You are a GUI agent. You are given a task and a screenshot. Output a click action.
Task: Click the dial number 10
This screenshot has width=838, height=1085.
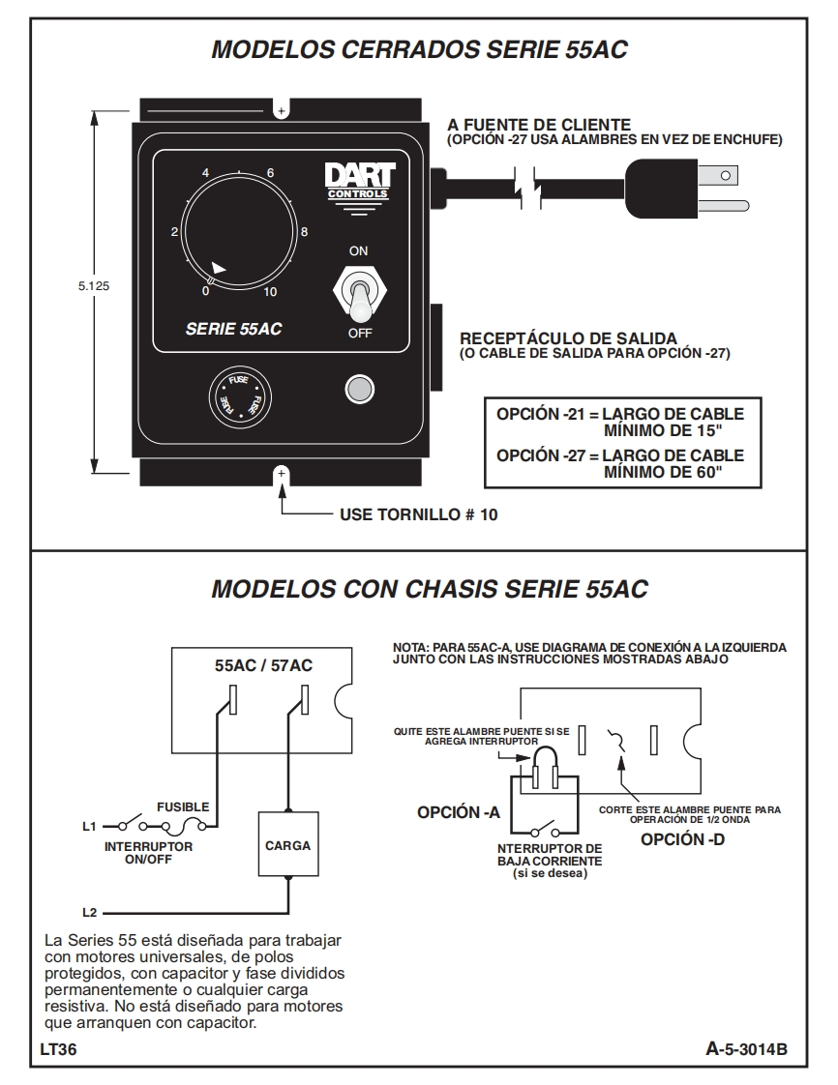pyautogui.click(x=270, y=291)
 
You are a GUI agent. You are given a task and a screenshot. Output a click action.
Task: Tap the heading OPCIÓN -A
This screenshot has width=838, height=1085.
pyautogui.click(x=458, y=812)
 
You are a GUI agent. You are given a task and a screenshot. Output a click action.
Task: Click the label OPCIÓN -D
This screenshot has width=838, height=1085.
pyautogui.click(x=682, y=838)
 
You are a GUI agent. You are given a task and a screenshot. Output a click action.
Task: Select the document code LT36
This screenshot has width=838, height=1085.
pyautogui.click(x=58, y=1050)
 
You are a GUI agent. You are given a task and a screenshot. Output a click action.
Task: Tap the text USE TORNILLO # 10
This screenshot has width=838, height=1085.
pyautogui.click(x=419, y=514)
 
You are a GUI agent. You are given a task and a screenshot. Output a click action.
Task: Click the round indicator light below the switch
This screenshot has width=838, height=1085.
pyautogui.click(x=359, y=389)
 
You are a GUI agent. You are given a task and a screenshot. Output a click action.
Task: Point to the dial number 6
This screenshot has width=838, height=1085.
pyautogui.click(x=270, y=173)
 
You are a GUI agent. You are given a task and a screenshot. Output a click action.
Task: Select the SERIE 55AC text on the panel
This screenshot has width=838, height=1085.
pyautogui.click(x=233, y=328)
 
